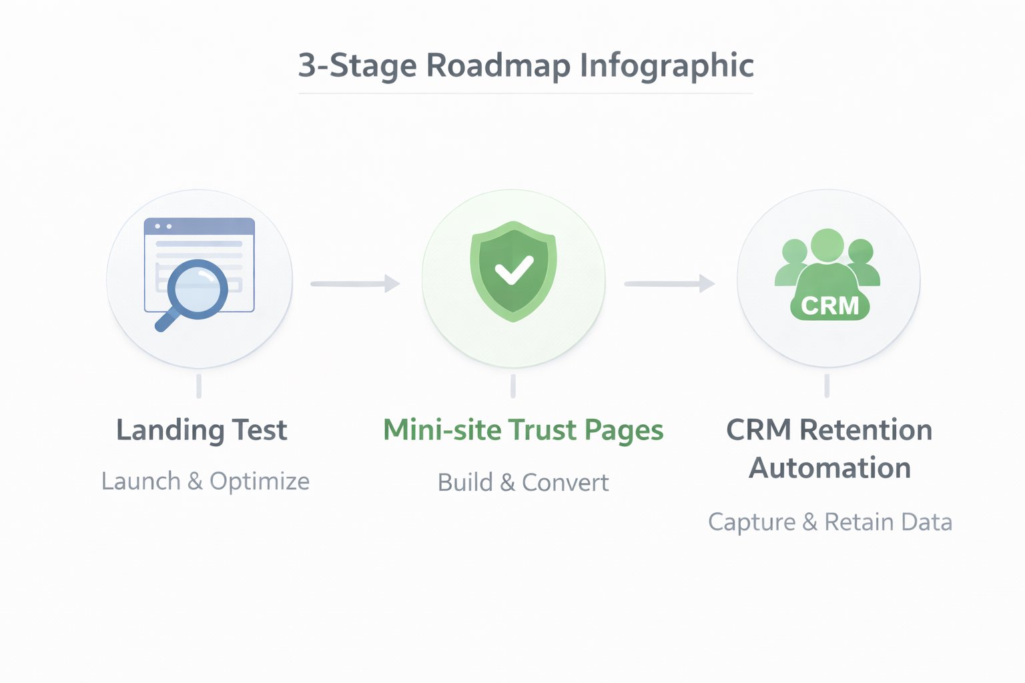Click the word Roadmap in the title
pyautogui.click(x=498, y=65)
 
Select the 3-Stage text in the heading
pyautogui.click(x=357, y=65)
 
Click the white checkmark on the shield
pyautogui.click(x=514, y=270)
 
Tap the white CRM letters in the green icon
pyautogui.click(x=829, y=306)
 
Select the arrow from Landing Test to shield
pyautogui.click(x=355, y=283)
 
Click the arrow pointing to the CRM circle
pyautogui.click(x=669, y=283)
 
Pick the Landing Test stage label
pyautogui.click(x=202, y=430)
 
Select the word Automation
pyautogui.click(x=829, y=468)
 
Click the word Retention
pyautogui.click(x=866, y=430)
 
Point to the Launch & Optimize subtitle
pyautogui.click(x=206, y=482)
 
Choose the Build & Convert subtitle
pyautogui.click(x=523, y=482)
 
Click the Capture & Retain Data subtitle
pyautogui.click(x=830, y=522)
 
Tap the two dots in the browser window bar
pyautogui.click(x=163, y=227)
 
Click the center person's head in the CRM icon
pyautogui.click(x=827, y=245)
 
